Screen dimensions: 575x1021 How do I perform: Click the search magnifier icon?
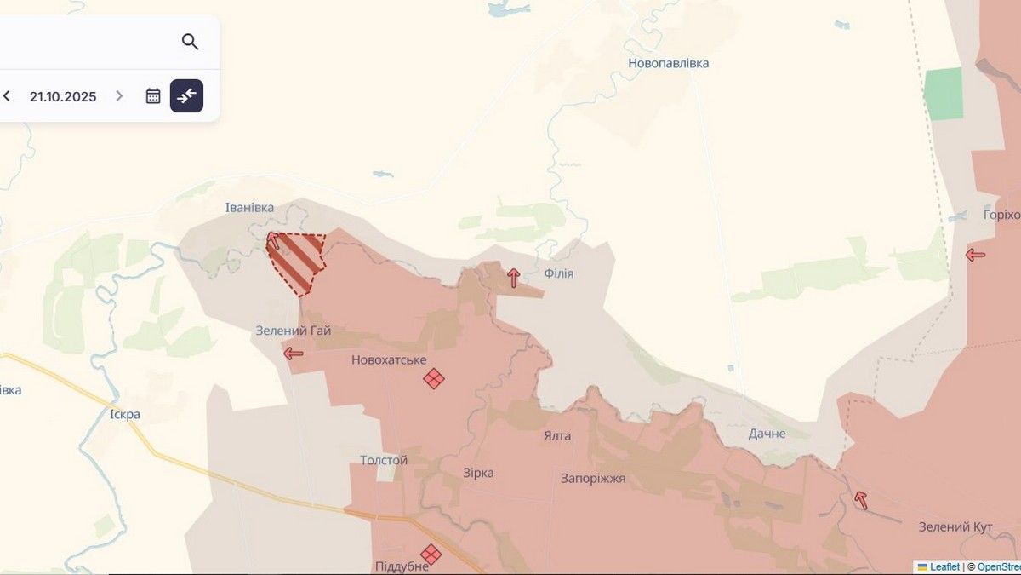coord(190,42)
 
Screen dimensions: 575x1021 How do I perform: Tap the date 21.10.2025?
coord(63,96)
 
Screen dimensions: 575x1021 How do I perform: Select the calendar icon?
coord(153,96)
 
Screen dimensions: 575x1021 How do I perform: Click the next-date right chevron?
coord(119,96)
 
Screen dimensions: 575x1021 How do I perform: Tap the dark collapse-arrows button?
coord(186,96)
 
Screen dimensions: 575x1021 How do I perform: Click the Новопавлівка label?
coord(668,63)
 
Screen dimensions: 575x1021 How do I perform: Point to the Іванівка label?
coord(249,208)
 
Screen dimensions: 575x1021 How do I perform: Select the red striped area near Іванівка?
coord(297,260)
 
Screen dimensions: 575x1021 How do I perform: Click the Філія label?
coord(558,273)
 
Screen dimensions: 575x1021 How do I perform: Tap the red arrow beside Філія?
coord(513,278)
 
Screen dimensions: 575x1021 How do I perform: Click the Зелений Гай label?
coord(294,331)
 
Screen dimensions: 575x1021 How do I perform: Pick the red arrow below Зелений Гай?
coord(294,353)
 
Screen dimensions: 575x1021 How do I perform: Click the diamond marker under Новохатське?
coord(434,378)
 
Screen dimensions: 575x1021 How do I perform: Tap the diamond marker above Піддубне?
coord(431,555)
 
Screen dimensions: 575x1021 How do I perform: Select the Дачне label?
coord(767,434)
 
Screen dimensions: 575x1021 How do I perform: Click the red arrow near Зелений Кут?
coord(861,500)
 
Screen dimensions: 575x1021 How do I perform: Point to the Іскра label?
coord(125,415)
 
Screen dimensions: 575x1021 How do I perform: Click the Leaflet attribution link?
coord(944,566)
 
